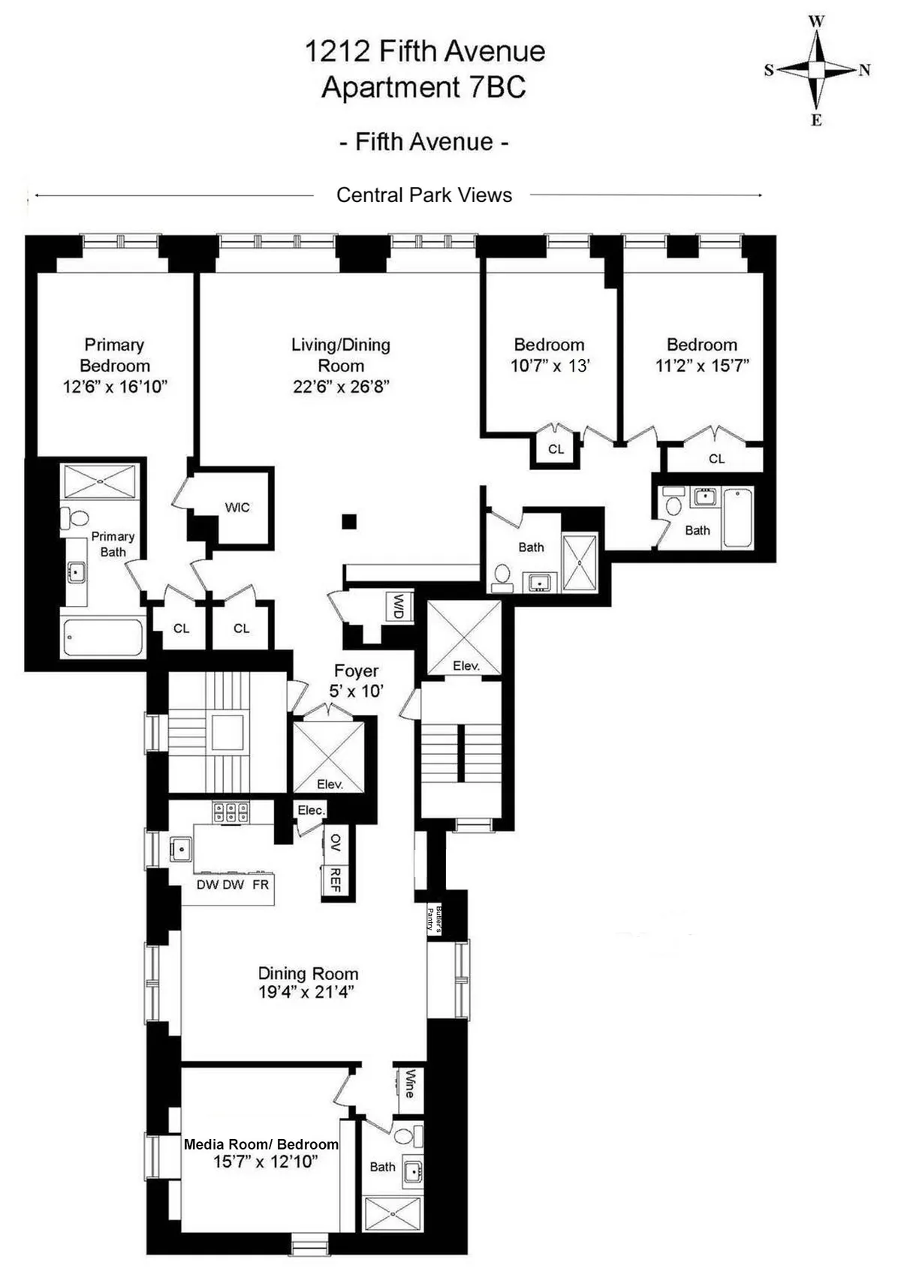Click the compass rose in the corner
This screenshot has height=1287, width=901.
pyautogui.click(x=817, y=70)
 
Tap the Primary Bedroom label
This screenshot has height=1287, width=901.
pyautogui.click(x=114, y=355)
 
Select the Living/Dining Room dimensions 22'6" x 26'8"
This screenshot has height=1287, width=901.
pyautogui.click(x=341, y=387)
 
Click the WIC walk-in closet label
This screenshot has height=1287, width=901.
pyautogui.click(x=237, y=508)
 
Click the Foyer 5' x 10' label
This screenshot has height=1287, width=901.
pyautogui.click(x=356, y=680)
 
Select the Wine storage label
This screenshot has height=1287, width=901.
pyautogui.click(x=409, y=1084)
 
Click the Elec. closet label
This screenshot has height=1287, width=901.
pyautogui.click(x=311, y=810)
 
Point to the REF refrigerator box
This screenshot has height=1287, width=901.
pyautogui.click(x=336, y=879)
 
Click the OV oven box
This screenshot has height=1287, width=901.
pyautogui.click(x=336, y=842)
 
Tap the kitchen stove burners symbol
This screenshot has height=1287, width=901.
pyautogui.click(x=231, y=812)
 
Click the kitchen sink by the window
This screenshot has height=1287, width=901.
pyautogui.click(x=181, y=849)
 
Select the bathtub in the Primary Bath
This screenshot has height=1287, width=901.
pyautogui.click(x=103, y=637)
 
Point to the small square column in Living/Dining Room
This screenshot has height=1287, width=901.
pyautogui.click(x=348, y=521)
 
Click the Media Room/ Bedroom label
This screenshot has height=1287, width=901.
pyautogui.click(x=261, y=1144)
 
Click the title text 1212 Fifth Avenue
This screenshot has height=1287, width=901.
pyautogui.click(x=424, y=51)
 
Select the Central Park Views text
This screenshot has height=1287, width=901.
pyautogui.click(x=423, y=195)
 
